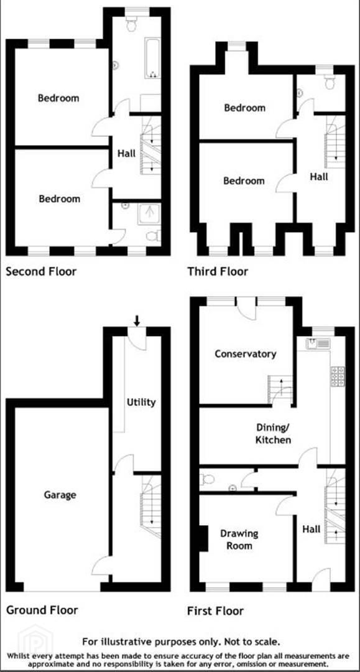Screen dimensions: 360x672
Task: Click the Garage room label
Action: tap(60, 495)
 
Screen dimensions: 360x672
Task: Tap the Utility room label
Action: tap(141, 403)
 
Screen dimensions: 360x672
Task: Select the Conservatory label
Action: tap(245, 354)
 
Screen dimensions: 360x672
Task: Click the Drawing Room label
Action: tap(239, 539)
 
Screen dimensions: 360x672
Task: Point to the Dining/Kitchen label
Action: tap(274, 433)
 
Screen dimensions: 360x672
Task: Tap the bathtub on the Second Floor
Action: tap(152, 58)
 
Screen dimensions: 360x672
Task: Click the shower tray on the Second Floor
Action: tap(149, 214)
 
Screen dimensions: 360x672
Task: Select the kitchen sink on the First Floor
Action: tap(318, 343)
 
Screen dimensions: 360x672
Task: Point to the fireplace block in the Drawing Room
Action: tap(203, 539)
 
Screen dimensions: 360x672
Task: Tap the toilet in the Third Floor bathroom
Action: tap(330, 82)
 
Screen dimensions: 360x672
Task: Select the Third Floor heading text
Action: tap(218, 271)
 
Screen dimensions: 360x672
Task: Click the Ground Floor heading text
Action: tap(42, 609)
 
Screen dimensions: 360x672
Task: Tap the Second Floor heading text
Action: tap(41, 271)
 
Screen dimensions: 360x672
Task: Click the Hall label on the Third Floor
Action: tap(319, 176)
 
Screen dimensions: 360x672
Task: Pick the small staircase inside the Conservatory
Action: tap(280, 389)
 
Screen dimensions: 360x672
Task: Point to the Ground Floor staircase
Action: tap(151, 506)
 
